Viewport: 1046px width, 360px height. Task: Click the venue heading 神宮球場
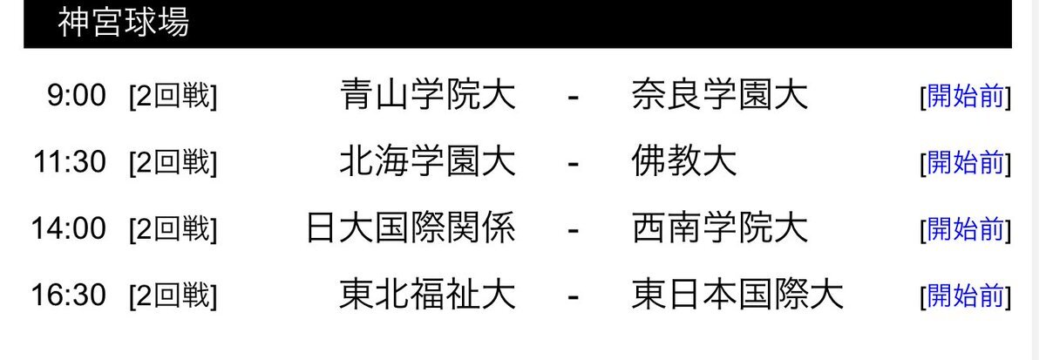tap(123, 22)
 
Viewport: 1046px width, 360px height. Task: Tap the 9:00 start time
tap(77, 95)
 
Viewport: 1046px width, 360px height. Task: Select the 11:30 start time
tap(70, 162)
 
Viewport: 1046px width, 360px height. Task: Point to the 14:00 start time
tap(69, 228)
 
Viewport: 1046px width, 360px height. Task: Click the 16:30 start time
tap(69, 295)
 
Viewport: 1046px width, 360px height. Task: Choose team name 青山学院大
tap(428, 95)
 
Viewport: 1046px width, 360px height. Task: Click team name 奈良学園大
tap(720, 95)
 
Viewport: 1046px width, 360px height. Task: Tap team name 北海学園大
tap(428, 161)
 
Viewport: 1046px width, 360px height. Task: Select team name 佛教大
tap(684, 161)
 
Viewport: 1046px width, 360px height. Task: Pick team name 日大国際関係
tap(411, 228)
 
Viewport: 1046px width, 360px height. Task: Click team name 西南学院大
tap(720, 228)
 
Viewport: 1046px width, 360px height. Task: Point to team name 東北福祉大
tap(428, 295)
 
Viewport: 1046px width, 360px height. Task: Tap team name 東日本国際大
tap(737, 295)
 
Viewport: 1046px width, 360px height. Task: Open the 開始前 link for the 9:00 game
tap(965, 96)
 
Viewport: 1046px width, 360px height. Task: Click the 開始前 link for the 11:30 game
tap(965, 163)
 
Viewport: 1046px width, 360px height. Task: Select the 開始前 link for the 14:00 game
tap(965, 230)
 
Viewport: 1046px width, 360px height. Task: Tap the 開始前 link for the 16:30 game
tap(965, 296)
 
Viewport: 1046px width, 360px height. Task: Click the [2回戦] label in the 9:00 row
tap(173, 96)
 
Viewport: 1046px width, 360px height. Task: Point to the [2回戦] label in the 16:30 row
tap(173, 296)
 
